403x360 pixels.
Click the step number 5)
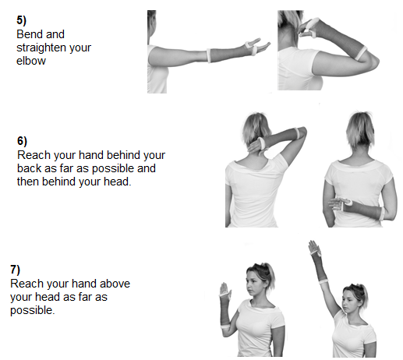click(21, 20)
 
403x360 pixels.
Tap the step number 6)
click(22, 141)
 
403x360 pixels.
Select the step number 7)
click(15, 270)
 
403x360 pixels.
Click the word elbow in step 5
click(31, 61)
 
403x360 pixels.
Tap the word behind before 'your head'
click(59, 182)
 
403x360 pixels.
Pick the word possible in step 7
click(33, 311)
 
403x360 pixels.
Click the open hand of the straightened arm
click(259, 45)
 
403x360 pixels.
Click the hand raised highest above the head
click(314, 247)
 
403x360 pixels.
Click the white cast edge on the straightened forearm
click(208, 55)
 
